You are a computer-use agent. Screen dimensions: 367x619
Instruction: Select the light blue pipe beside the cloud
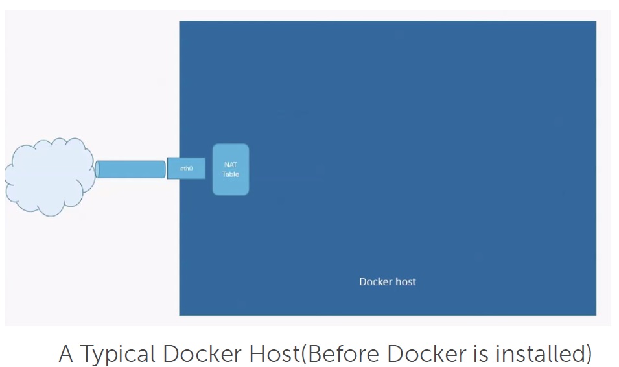131,169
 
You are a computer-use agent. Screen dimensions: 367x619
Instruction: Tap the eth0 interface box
187,169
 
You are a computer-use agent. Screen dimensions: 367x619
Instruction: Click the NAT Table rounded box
231,169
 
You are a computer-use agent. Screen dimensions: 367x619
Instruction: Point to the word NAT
231,165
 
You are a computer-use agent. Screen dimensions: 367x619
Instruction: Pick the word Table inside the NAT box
231,174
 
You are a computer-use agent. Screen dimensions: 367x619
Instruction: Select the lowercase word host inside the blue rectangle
406,282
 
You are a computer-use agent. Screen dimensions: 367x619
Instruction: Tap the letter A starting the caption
66,354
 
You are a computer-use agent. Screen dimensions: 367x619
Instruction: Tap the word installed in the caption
539,354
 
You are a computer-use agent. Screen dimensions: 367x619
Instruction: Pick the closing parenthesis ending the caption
588,355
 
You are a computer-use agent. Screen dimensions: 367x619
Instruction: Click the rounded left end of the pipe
98,169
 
